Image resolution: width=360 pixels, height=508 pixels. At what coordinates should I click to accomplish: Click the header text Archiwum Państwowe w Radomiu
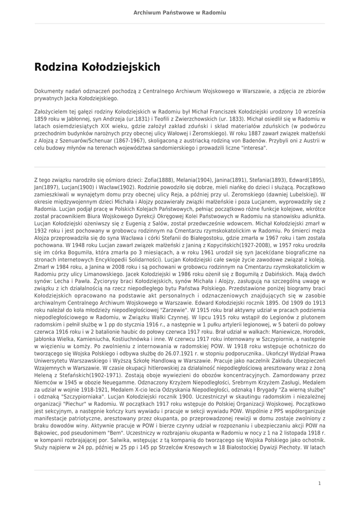(180, 12)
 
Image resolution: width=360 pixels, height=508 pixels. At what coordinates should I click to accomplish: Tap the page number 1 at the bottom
(320, 483)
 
